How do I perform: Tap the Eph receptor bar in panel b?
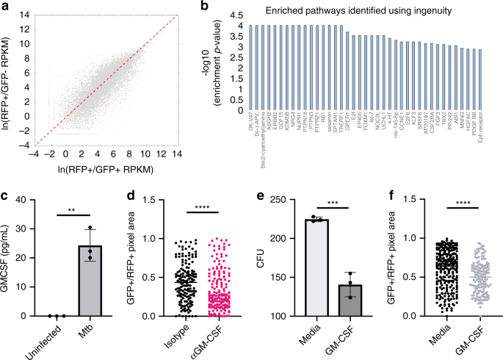point(480,80)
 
